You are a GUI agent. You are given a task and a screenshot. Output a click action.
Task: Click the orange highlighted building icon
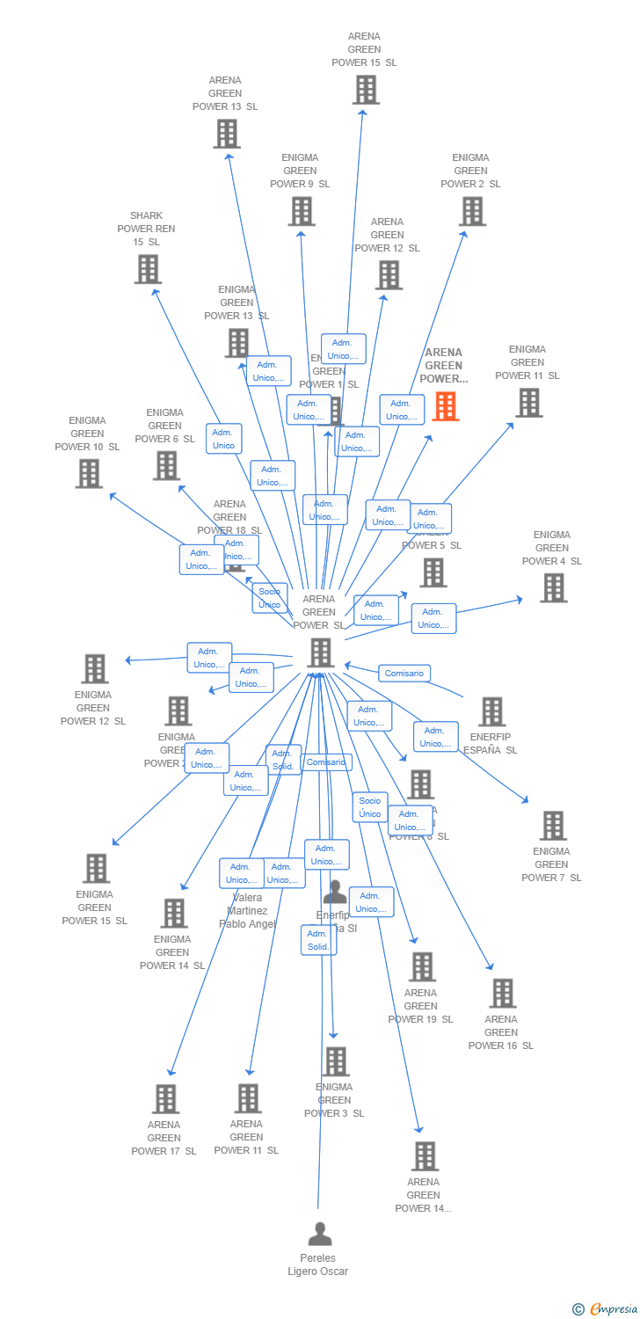click(x=446, y=406)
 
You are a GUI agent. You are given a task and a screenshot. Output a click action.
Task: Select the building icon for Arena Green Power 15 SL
click(x=365, y=90)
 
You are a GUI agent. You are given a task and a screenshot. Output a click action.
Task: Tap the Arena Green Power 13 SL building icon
click(x=227, y=134)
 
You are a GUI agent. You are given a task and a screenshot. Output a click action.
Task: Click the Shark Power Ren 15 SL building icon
click(x=148, y=269)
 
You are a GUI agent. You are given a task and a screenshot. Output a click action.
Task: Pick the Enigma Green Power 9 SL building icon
click(x=302, y=211)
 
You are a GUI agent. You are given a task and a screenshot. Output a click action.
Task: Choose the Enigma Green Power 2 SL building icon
click(x=472, y=211)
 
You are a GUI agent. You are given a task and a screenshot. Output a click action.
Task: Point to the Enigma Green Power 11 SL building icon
click(x=528, y=403)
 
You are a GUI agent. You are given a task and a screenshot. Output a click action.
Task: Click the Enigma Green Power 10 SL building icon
click(x=89, y=474)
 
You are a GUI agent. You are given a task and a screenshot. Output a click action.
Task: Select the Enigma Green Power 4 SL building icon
click(x=553, y=588)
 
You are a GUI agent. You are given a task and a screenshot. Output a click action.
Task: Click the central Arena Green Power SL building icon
click(x=321, y=653)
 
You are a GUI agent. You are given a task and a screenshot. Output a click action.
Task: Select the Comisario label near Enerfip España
click(x=404, y=674)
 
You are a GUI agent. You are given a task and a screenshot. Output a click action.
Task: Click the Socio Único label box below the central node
click(x=370, y=807)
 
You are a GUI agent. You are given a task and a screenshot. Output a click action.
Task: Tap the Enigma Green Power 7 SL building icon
click(x=553, y=826)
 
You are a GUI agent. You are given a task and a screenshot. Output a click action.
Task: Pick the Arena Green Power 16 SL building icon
click(x=502, y=994)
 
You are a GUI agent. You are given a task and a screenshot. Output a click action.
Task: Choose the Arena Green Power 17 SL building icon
click(x=166, y=1099)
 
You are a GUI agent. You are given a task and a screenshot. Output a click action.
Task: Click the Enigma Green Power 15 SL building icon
click(x=96, y=869)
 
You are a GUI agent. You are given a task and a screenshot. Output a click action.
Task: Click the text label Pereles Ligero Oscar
click(x=318, y=1264)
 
